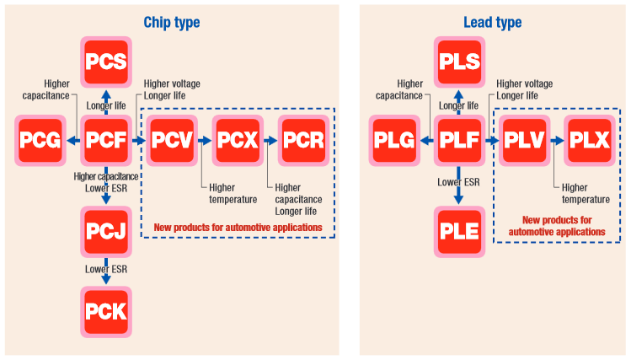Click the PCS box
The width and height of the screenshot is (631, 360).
[106, 61]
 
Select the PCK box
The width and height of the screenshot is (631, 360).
[106, 311]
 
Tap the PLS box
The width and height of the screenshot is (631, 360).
[459, 61]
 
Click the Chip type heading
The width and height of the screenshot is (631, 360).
[172, 23]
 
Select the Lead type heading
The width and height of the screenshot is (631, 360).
[493, 23]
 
